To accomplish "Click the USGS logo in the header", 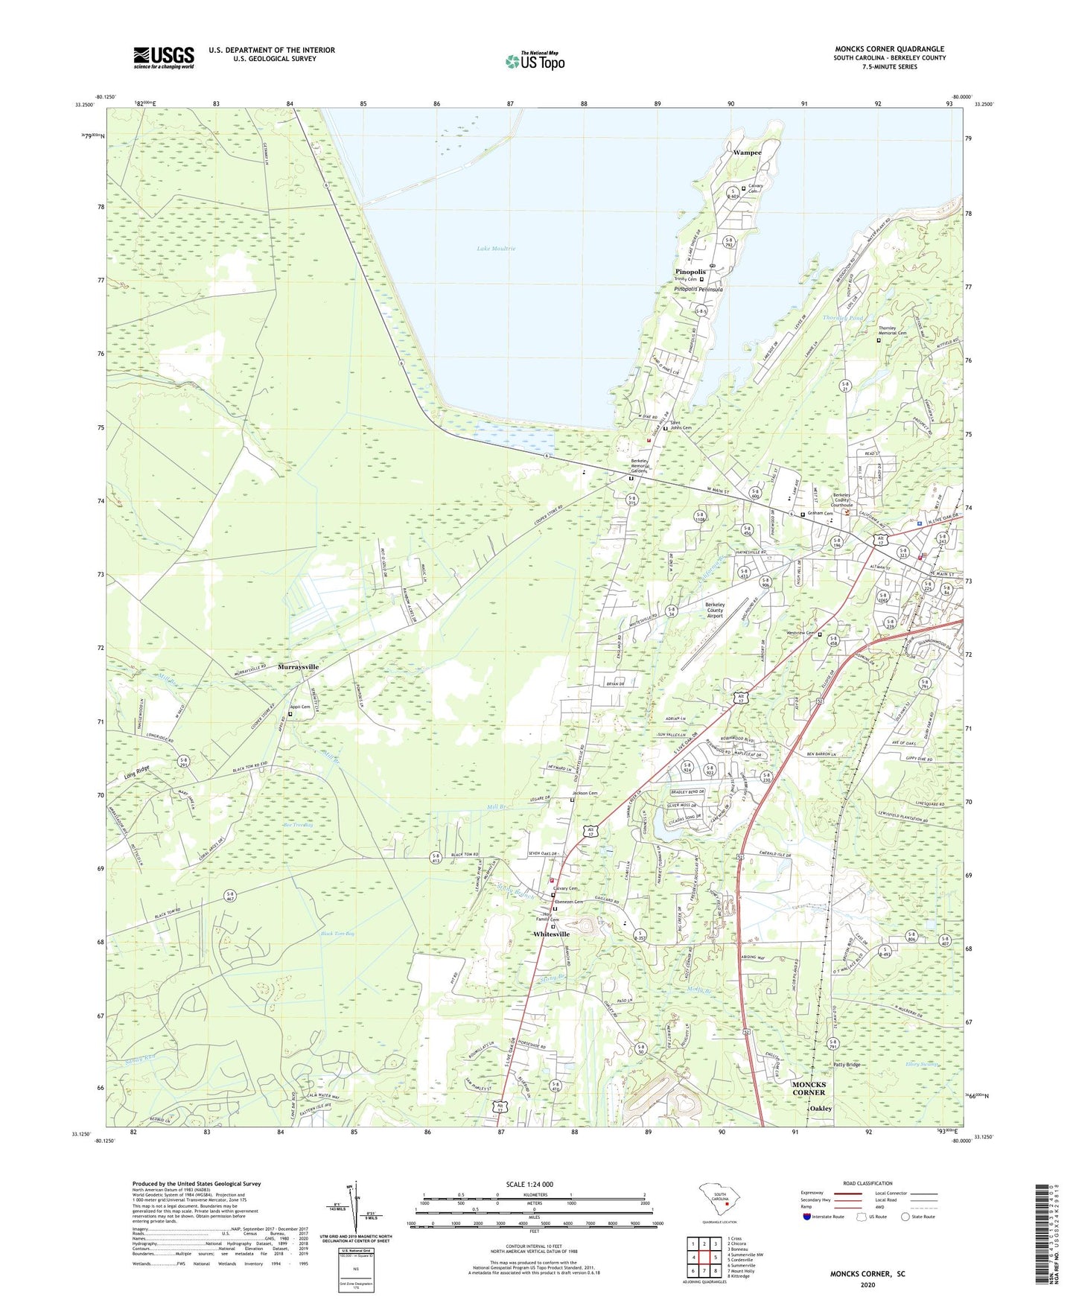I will coord(164,57).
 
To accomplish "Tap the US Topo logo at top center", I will coord(535,61).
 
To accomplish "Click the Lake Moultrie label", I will coord(495,248).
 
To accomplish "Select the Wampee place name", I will coord(747,152).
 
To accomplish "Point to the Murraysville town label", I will coord(298,666).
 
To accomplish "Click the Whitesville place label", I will coord(551,934).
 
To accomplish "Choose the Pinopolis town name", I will coord(690,272).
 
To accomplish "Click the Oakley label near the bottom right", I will coord(821,1108).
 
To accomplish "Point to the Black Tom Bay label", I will coord(337,934).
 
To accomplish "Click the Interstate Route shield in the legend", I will coord(806,1217).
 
